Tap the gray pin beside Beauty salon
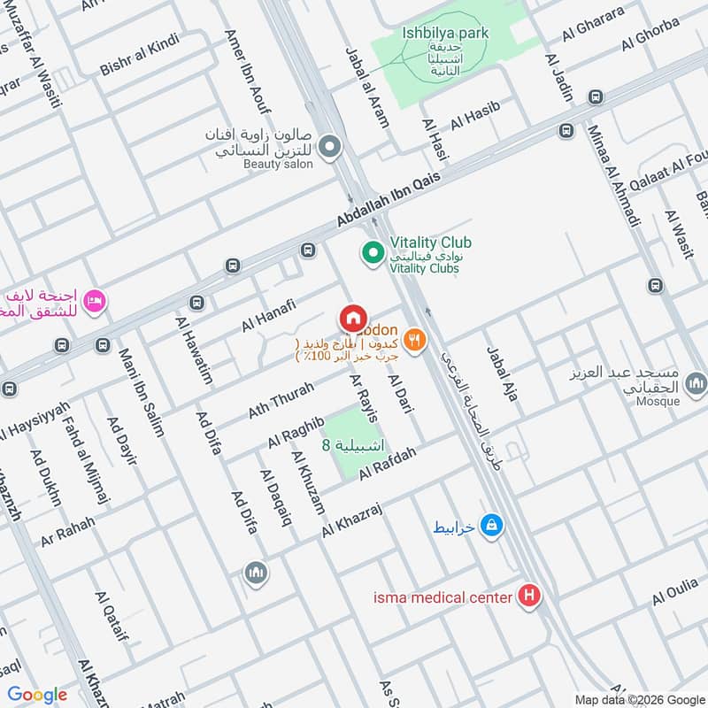pos(330,146)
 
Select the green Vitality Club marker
pos(373,254)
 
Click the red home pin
pos(352,318)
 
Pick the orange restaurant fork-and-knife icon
pos(413,339)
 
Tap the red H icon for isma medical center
pos(529,596)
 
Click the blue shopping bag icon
pos(492,526)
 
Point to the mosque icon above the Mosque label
pos(696,382)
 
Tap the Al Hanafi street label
pos(268,315)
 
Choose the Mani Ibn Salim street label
pos(142,393)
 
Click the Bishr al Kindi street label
pos(141,54)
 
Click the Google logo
pos(37,695)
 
